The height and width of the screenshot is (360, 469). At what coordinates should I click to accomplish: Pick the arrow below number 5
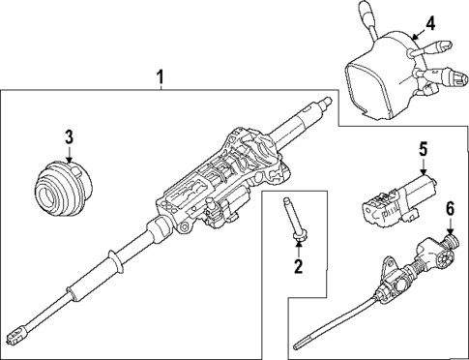tap(422, 166)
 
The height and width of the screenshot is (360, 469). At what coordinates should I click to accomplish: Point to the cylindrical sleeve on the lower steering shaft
tap(83, 294)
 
